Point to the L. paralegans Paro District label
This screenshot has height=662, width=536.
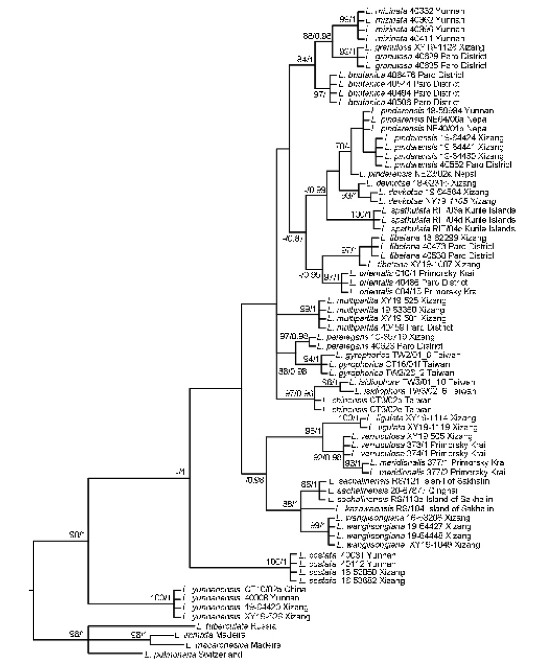pyautogui.click(x=379, y=346)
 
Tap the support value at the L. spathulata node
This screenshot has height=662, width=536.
pyautogui.click(x=362, y=215)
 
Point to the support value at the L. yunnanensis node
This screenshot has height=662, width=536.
pyautogui.click(x=162, y=598)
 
